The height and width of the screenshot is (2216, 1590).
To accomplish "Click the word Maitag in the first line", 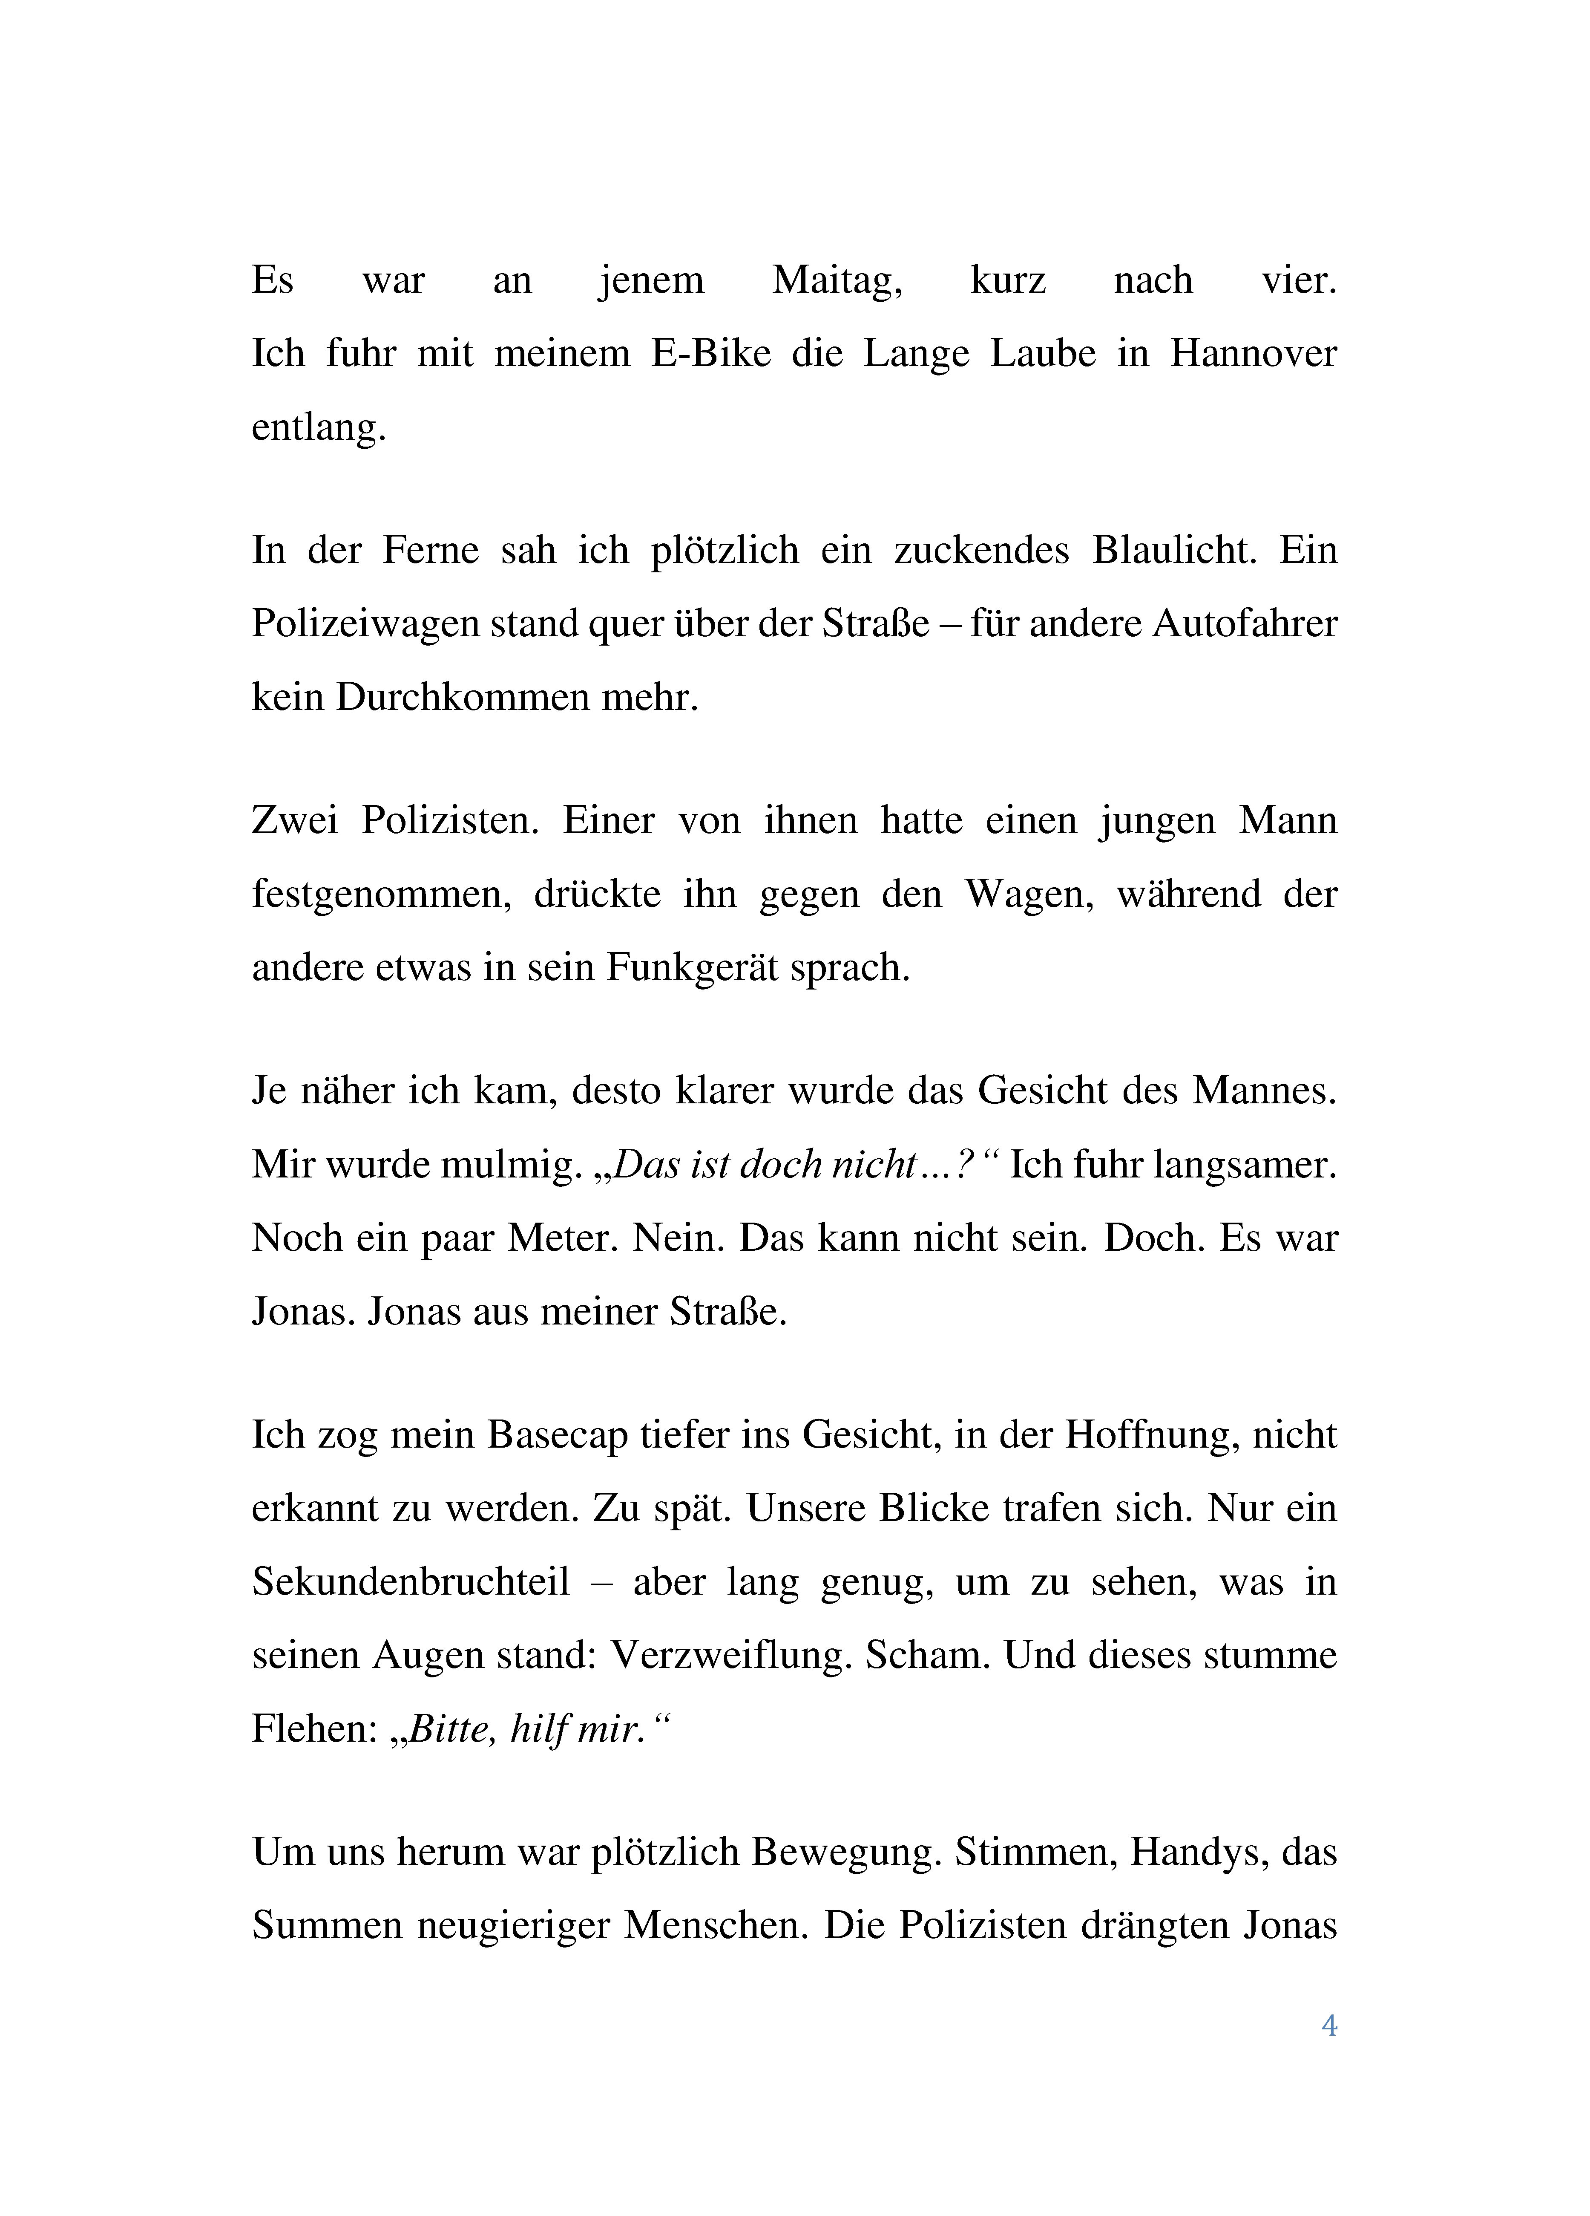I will pos(837,280).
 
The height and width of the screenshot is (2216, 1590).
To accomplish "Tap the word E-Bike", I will pos(711,354).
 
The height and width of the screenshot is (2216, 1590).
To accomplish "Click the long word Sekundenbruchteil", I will pos(410,1582).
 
